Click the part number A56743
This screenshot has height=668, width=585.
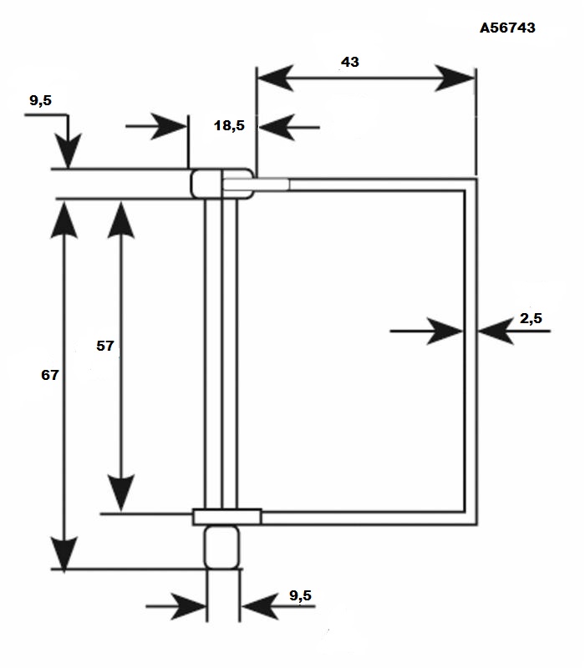[x=507, y=28]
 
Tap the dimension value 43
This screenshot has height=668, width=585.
[x=350, y=62]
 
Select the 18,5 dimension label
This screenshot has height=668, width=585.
[x=229, y=126]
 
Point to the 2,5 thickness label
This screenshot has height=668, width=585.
[x=531, y=318]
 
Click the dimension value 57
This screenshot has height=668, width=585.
[x=105, y=346]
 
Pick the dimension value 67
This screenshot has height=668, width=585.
[x=50, y=375]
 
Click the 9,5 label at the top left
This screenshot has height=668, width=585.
[x=40, y=100]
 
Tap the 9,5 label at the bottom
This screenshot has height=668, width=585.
[x=301, y=595]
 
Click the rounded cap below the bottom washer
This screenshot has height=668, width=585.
[x=221, y=548]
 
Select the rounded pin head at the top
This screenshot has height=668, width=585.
[x=221, y=184]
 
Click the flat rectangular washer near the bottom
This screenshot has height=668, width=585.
[x=226, y=517]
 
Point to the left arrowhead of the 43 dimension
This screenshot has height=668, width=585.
[x=276, y=78]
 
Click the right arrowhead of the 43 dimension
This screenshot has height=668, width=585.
[x=455, y=78]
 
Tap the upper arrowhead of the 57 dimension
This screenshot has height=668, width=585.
[x=121, y=220]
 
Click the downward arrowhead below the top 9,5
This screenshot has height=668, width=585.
[x=69, y=151]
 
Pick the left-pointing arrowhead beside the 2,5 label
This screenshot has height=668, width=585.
[x=496, y=331]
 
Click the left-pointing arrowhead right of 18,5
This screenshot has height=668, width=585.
[x=277, y=127]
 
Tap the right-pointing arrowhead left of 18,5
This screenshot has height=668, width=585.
[x=169, y=127]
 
